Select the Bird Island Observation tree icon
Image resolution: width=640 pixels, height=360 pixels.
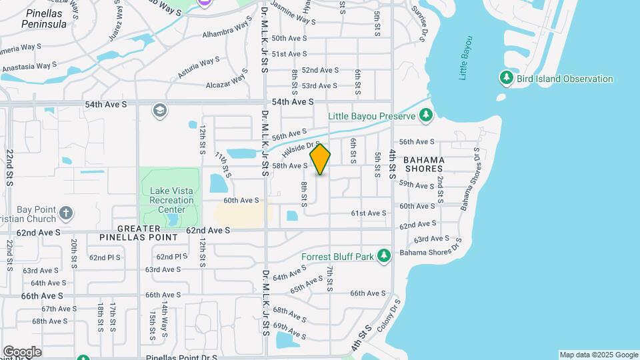point(507,79)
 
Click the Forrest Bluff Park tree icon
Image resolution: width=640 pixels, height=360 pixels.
point(383,256)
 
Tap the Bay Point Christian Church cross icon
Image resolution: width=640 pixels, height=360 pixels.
point(65,214)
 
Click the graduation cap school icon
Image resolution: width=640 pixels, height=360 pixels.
point(159,110)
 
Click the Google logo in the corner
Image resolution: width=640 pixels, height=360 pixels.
point(22,352)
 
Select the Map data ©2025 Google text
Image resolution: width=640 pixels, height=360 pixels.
point(598,355)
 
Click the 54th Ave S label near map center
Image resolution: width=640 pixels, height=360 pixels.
point(293,101)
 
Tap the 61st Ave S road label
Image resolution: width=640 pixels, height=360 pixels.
point(369,213)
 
